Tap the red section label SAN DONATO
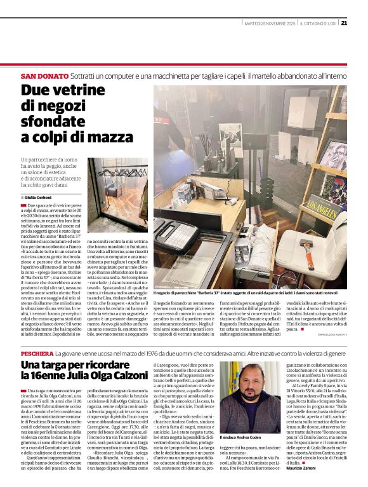click(43, 76)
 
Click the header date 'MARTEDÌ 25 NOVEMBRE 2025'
click(270, 24)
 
